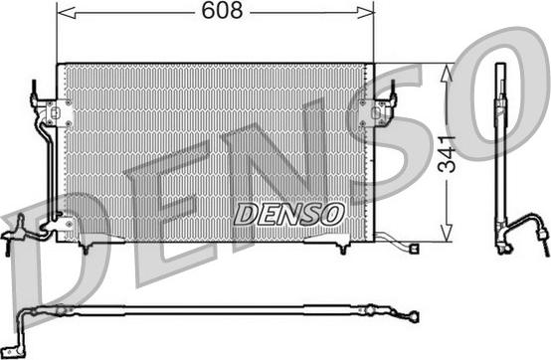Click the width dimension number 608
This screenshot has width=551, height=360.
coord(214,11)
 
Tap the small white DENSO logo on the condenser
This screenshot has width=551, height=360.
coord(288,213)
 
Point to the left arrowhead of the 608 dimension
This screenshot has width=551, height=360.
coord(62,12)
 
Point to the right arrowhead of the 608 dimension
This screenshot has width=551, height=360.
coord(369,12)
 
